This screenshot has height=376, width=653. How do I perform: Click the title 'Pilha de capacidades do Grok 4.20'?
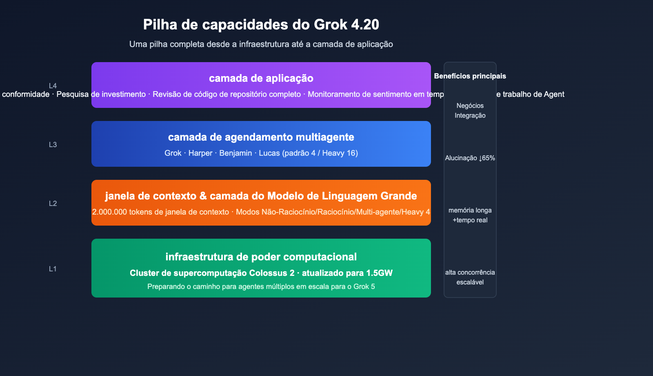261,25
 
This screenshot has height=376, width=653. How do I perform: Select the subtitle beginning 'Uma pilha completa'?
261,44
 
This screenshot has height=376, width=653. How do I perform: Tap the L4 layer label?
53,86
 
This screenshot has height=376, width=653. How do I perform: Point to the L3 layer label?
53,145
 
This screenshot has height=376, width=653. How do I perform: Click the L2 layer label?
53,204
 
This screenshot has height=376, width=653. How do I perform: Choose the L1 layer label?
53,269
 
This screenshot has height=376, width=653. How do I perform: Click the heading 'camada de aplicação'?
261,78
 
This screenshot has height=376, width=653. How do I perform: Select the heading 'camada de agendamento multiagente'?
261,137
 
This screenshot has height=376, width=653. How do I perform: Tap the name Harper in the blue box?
200,153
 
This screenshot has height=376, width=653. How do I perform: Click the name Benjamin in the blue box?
235,153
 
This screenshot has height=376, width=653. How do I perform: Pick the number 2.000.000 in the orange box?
109,212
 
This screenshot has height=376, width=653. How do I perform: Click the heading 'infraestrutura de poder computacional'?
261,257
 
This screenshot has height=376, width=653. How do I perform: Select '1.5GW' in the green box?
379,273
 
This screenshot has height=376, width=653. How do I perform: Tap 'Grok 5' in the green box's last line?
364,286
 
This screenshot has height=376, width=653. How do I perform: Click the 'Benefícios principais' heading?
470,76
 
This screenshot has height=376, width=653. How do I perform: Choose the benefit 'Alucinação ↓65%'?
470,158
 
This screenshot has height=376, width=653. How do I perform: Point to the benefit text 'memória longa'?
470,210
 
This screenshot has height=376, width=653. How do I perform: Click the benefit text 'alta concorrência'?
470,273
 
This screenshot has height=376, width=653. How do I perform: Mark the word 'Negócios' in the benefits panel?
470,106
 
